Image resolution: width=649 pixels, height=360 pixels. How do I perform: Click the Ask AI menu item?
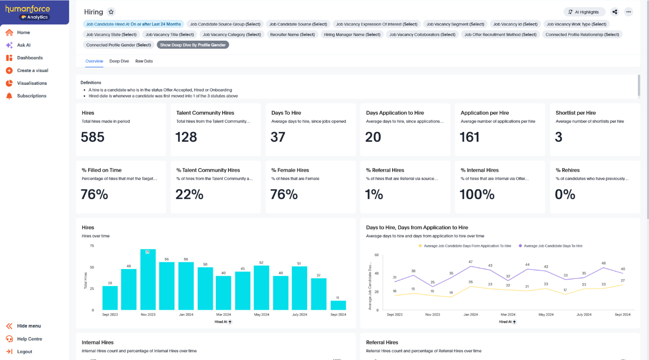[23, 45]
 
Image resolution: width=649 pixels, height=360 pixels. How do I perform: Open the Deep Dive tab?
[119, 61]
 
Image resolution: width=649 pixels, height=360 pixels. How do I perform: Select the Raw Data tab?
[144, 61]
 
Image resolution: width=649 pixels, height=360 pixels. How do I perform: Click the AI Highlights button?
[584, 12]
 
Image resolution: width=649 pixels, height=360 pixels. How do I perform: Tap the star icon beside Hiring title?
[111, 12]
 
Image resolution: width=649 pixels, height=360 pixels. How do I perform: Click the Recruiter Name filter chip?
[292, 34]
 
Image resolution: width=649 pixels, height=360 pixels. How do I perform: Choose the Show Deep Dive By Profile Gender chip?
[193, 45]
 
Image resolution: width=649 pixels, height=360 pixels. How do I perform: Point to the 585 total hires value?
[93, 137]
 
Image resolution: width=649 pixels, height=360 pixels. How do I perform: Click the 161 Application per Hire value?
[469, 137]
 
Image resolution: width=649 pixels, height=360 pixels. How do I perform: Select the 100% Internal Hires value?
[477, 195]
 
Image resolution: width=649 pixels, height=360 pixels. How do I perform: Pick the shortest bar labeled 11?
[338, 305]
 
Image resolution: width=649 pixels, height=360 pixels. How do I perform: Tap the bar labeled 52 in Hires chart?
[262, 287]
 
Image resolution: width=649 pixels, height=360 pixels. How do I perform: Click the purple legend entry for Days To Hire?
[550, 246]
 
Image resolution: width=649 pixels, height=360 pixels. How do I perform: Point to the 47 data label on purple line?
[470, 262]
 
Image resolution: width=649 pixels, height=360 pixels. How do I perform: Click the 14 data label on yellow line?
[451, 293]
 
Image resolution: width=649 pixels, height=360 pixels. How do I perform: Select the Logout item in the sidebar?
[24, 352]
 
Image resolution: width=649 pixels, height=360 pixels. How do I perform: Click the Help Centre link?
[29, 339]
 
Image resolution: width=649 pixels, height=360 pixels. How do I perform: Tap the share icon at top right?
[615, 12]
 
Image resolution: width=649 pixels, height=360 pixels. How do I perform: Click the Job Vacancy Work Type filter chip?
[576, 24]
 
